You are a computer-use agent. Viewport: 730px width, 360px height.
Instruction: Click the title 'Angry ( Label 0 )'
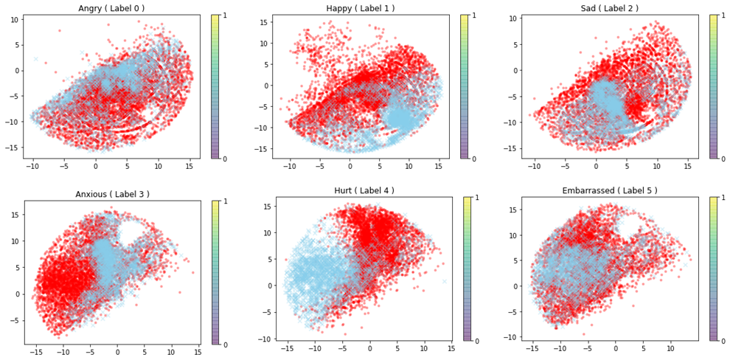click(x=112, y=8)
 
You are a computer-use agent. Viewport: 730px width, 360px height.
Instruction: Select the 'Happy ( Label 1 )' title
click(x=361, y=8)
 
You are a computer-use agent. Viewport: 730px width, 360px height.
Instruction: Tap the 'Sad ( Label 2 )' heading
click(x=609, y=8)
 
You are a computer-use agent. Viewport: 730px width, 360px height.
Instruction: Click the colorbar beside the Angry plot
click(x=215, y=86)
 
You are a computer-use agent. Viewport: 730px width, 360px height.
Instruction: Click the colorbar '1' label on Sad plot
click(x=723, y=15)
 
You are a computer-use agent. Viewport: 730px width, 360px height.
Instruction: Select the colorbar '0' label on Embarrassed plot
click(x=723, y=341)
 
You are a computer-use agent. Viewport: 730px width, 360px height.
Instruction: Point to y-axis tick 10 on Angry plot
click(x=15, y=19)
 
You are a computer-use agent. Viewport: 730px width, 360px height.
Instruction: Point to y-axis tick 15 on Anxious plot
click(x=15, y=215)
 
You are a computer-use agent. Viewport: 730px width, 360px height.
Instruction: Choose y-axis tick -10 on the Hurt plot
click(x=264, y=339)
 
